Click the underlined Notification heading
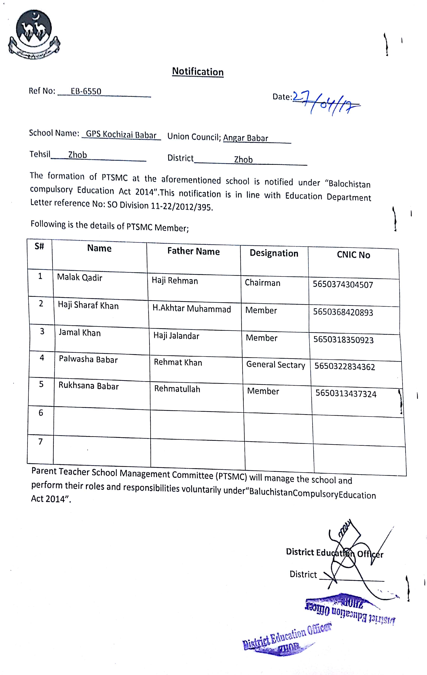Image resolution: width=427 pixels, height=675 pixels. coord(198,72)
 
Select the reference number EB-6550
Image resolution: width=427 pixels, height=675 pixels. coord(86,91)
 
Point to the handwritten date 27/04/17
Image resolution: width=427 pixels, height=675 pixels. coord(326,102)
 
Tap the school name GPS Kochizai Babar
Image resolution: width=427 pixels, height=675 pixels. coord(121,135)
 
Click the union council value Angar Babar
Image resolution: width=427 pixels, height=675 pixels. coord(245,138)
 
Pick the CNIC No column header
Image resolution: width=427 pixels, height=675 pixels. coord(353,255)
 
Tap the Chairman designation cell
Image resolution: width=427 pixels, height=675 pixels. coord(262,283)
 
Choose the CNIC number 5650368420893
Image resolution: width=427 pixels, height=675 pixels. coord(343,312)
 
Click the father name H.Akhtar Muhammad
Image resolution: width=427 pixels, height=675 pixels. coord(192,309)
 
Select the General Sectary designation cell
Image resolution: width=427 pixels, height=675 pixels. coord(275,365)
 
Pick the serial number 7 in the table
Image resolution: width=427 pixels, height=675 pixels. coord(40,442)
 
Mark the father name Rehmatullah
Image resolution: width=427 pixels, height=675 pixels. coord(177,389)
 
